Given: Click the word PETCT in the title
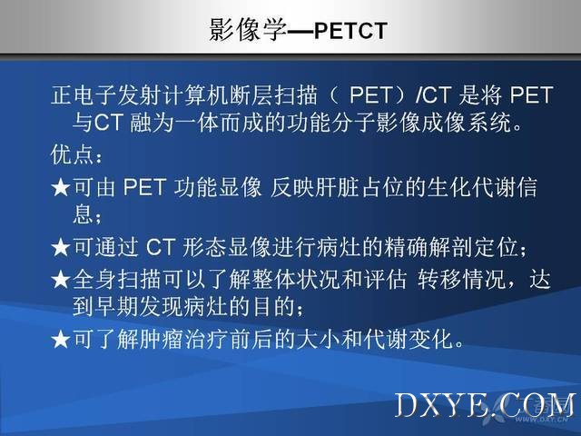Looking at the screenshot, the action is (x=350, y=31).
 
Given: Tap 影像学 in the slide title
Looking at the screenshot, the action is (x=248, y=30).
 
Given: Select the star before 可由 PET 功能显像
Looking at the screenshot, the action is (x=61, y=187).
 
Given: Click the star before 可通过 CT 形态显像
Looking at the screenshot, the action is (x=61, y=247).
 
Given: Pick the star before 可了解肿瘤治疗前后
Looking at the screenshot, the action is (x=61, y=339).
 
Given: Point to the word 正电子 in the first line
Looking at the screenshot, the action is (x=84, y=94).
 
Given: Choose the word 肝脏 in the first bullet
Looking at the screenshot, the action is (x=337, y=187).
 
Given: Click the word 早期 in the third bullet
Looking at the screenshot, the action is (x=116, y=307).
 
